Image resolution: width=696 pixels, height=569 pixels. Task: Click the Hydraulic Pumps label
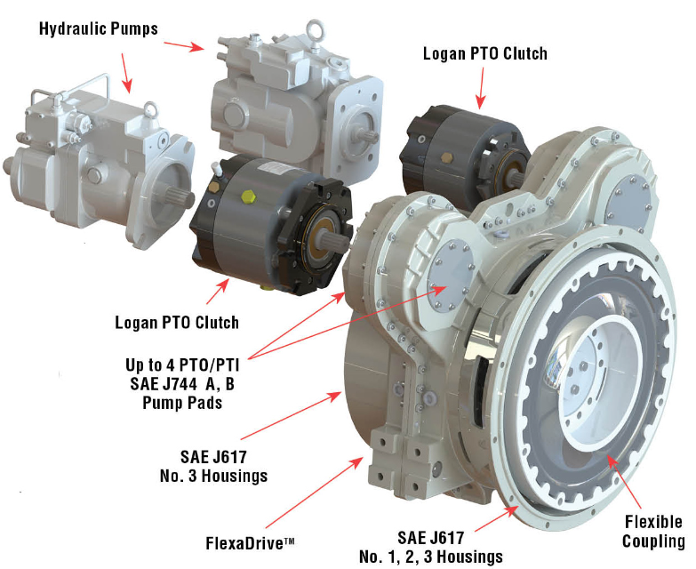point(99,28)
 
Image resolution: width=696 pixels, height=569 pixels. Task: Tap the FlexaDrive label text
point(250,543)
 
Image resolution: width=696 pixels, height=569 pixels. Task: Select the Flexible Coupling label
point(653,532)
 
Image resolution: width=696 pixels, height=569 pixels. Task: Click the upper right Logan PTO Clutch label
point(485,53)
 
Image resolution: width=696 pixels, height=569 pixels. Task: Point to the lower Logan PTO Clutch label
point(177,322)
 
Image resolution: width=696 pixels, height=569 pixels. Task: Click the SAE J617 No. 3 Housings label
point(213,466)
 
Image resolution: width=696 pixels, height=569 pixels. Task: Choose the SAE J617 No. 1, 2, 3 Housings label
point(431,547)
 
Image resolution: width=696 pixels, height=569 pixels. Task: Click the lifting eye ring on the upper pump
point(316,29)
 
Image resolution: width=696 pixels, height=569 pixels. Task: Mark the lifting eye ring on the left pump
point(151,109)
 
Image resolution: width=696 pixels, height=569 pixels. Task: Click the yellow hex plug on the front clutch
point(248,196)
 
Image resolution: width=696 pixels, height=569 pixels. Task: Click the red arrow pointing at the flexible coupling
point(625,481)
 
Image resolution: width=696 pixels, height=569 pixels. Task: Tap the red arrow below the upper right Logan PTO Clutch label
point(481,88)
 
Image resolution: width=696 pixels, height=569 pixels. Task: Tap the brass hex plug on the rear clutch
point(446,157)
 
